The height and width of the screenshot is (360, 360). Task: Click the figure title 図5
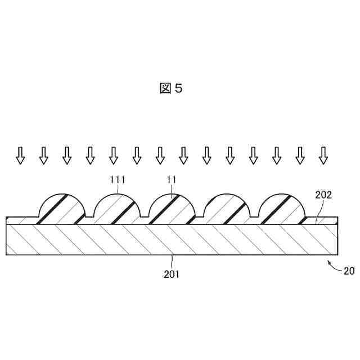point(171,88)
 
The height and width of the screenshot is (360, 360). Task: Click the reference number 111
point(119,179)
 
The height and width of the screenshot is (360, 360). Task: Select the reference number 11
point(172,179)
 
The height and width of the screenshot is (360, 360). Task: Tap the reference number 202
point(323,195)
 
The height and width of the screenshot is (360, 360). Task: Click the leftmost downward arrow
point(20,155)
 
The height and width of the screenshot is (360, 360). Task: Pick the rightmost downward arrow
point(323,155)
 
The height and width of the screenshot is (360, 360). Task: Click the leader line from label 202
point(320,209)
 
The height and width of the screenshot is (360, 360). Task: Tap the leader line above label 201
point(173,262)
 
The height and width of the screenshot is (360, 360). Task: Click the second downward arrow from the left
point(44,155)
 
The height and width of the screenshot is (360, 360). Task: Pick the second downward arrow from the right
point(300,155)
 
